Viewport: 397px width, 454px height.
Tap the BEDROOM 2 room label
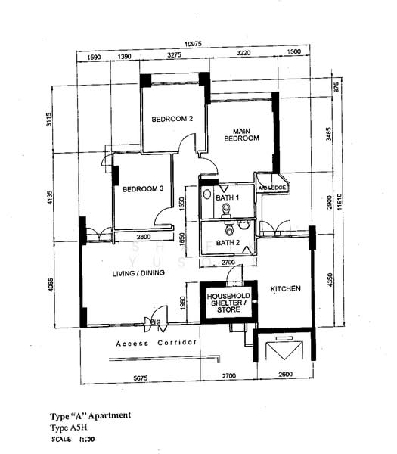[x=172, y=119]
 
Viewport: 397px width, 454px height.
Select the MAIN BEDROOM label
[x=240, y=134]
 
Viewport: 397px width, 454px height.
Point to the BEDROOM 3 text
[x=144, y=188]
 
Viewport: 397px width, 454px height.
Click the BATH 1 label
[x=227, y=197]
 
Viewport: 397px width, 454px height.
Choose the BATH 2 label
[x=227, y=243]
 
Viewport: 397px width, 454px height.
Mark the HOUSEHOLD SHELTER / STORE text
[x=228, y=300]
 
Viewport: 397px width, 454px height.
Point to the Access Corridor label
[x=157, y=344]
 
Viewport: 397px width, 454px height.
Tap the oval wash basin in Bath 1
[x=207, y=194]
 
